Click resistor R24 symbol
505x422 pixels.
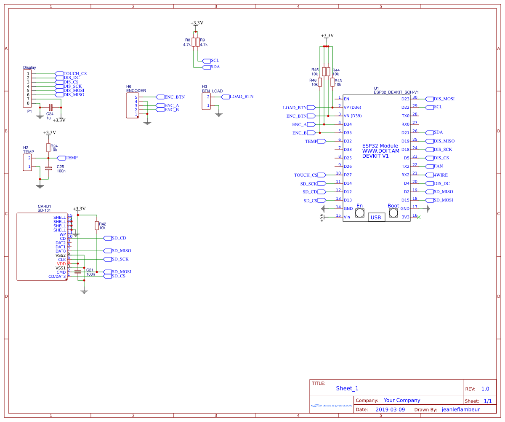coord(48,147)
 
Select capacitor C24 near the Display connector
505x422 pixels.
coord(50,108)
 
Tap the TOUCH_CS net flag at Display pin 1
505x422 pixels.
coord(59,74)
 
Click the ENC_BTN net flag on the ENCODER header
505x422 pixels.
coord(160,97)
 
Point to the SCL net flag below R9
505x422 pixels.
coord(206,61)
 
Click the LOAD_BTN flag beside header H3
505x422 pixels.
coord(225,97)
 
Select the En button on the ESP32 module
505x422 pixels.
coord(360,213)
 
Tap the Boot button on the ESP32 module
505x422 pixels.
coord(393,213)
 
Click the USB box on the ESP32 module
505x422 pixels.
coord(375,217)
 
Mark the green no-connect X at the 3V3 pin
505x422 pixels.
coord(418,217)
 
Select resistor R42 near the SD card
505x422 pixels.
coord(97,226)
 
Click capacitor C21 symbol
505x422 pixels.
coord(78,272)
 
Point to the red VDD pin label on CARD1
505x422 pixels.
coord(61,264)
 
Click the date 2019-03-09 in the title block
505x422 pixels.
coord(390,409)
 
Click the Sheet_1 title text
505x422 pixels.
coord(347,388)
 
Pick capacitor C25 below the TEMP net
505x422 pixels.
coord(48,168)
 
